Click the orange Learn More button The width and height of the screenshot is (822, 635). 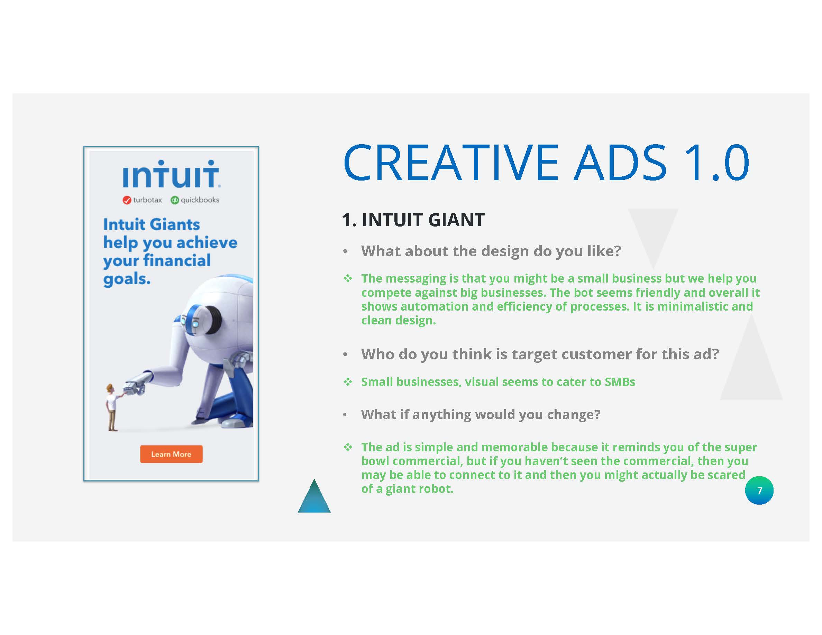tap(171, 454)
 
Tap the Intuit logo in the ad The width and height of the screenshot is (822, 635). tap(171, 174)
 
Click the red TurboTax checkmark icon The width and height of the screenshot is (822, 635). tap(127, 200)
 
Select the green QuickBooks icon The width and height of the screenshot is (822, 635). tap(175, 200)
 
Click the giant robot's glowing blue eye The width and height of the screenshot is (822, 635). tap(195, 323)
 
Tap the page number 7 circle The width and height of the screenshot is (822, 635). tap(759, 490)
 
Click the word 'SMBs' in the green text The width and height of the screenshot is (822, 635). tap(620, 382)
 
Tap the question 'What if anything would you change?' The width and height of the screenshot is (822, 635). tap(481, 415)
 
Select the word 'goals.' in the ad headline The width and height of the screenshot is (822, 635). tap(127, 279)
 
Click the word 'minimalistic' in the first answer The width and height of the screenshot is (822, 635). tap(692, 306)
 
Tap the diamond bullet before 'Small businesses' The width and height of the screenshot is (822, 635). tap(348, 382)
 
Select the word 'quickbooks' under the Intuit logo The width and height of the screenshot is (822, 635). tap(200, 200)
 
